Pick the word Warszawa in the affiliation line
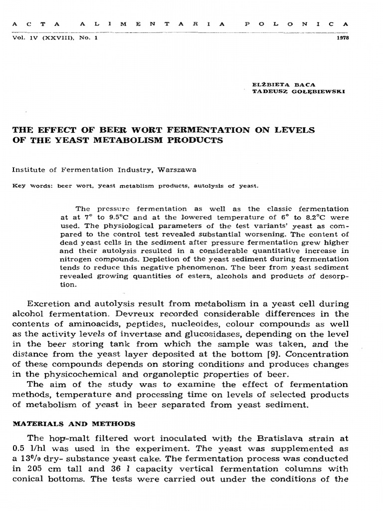[x=178, y=169]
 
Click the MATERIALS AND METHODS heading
[x=73, y=424]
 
